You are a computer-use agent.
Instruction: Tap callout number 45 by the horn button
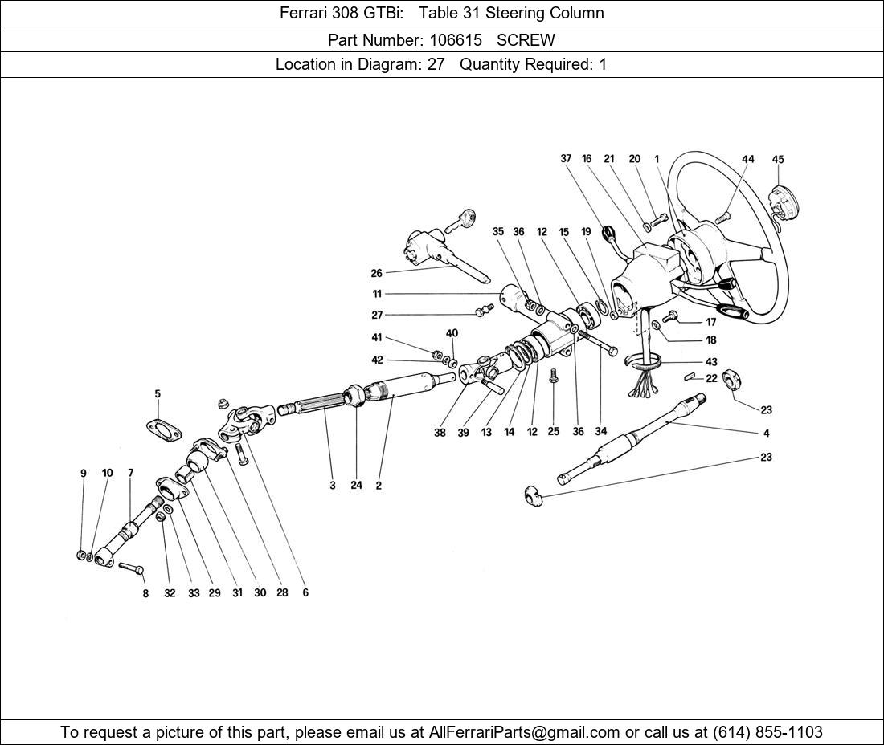click(778, 160)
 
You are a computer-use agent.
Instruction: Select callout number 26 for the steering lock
click(377, 273)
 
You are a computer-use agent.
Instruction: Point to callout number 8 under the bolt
click(145, 594)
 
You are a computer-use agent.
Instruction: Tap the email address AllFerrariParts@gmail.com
click(525, 732)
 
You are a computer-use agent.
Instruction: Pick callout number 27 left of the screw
click(377, 316)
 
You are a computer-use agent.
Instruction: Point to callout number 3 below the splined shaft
click(332, 485)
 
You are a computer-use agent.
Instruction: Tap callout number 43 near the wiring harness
click(711, 362)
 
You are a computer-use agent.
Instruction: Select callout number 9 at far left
click(84, 474)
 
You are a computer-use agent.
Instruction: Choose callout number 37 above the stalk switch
click(566, 159)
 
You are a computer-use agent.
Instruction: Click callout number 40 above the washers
click(452, 333)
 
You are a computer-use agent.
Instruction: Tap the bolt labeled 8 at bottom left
click(131, 568)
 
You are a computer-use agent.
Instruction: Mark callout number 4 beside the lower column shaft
click(766, 434)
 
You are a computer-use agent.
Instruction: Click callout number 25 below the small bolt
click(553, 432)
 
